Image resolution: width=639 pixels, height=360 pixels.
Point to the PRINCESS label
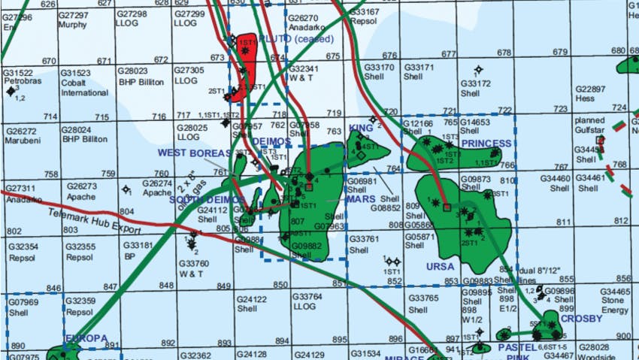tap(486, 143)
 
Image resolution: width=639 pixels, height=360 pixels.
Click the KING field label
tap(361, 128)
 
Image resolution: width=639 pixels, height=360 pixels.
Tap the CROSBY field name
tap(582, 318)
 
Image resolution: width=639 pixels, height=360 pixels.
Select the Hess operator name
tap(586, 98)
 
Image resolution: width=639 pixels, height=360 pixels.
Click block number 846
tap(53, 288)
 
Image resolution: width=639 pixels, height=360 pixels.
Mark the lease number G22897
tap(590, 89)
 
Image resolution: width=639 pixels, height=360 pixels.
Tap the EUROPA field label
tap(86, 338)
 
